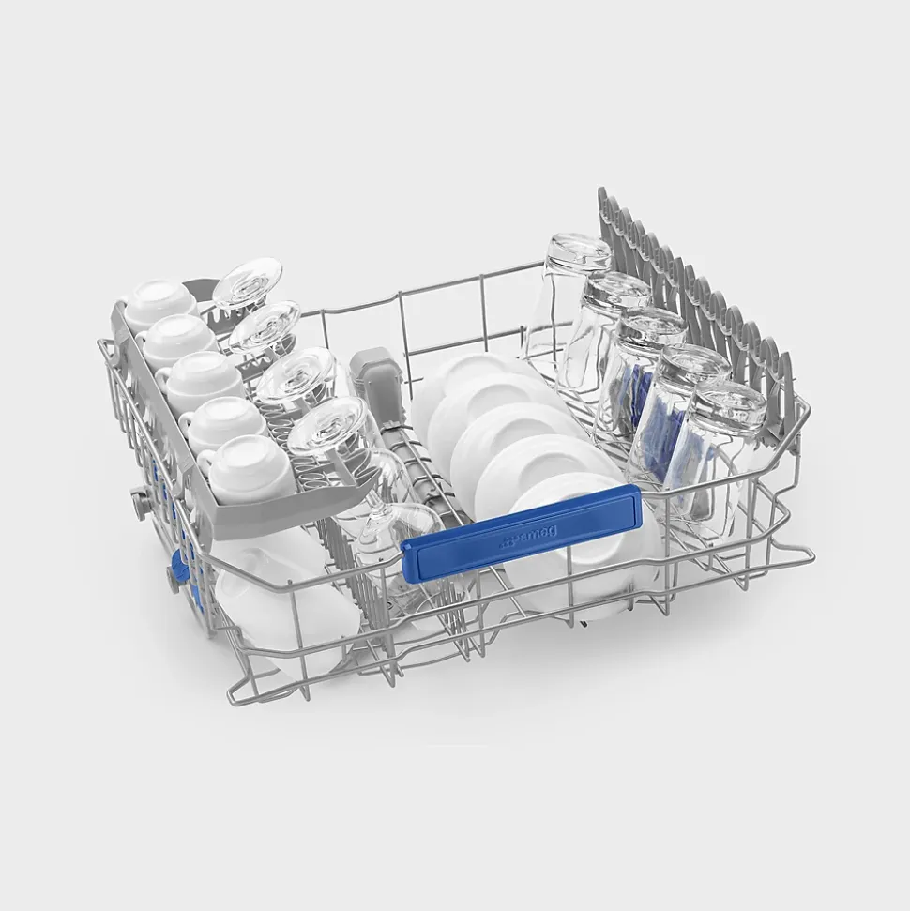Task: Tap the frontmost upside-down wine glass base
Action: coord(327,425)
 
